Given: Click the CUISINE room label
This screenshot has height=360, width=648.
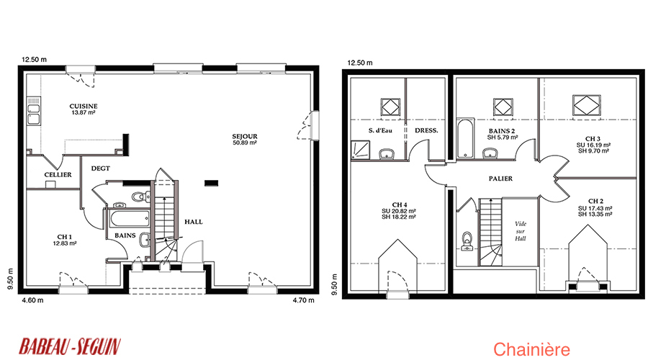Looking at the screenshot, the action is (84, 107).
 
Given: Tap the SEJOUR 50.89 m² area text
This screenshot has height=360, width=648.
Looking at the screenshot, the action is (245, 143).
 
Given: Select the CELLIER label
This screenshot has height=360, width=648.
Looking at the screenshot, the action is (58, 175).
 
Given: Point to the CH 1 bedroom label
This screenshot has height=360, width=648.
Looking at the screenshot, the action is (65, 237).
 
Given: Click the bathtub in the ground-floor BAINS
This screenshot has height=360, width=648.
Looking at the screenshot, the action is (129, 219).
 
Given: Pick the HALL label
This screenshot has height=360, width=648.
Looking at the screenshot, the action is (194, 222).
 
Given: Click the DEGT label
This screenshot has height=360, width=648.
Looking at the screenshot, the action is (100, 168).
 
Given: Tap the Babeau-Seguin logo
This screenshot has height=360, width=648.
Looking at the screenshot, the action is (70, 346).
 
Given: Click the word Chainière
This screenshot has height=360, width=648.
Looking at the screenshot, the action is (531, 350).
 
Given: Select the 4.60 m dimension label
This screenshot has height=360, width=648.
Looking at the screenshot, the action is (32, 300).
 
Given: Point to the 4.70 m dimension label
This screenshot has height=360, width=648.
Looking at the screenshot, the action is (303, 300).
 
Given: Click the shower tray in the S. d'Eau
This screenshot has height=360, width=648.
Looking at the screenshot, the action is (361, 150).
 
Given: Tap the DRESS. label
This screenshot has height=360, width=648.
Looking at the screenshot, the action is (426, 130).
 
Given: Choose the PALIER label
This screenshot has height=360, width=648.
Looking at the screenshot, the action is (500, 179).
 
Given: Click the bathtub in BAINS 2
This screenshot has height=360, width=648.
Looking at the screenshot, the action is (465, 138).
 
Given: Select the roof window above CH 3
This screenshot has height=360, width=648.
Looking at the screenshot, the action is (586, 105).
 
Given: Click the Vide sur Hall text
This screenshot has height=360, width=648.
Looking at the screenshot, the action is (521, 231).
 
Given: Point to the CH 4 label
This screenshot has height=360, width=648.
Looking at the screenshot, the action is (400, 205).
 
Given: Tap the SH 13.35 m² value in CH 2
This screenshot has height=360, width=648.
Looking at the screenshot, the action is (595, 215).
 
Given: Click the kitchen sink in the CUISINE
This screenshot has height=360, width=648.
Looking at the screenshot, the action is (33, 114).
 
